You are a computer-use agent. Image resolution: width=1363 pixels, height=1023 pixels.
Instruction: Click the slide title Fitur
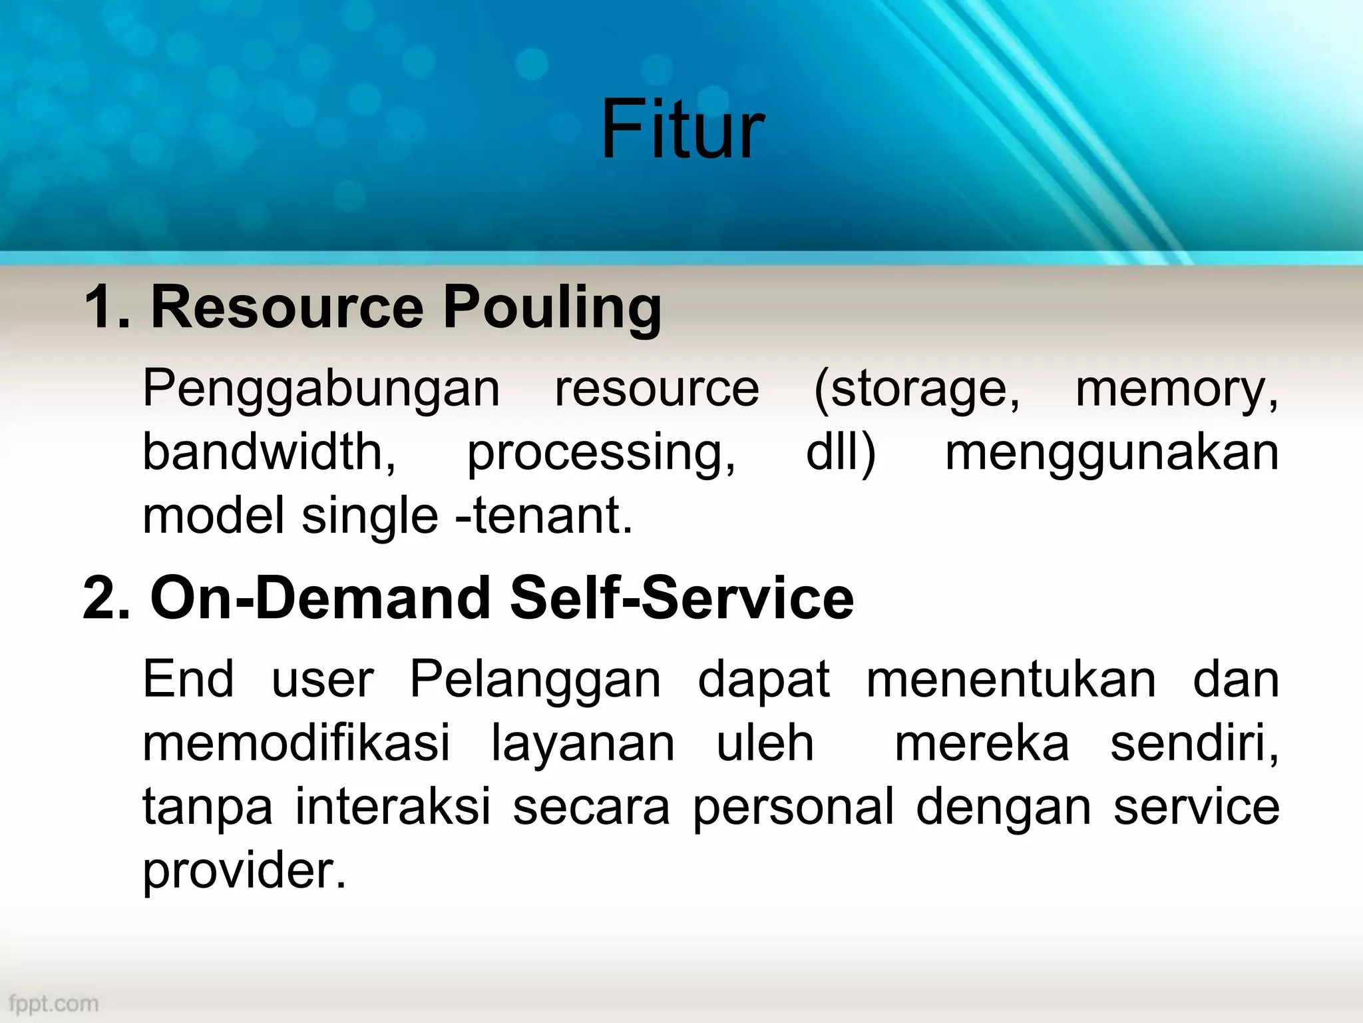(x=681, y=130)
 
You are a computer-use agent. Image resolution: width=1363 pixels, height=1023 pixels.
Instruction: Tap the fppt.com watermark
(x=54, y=1003)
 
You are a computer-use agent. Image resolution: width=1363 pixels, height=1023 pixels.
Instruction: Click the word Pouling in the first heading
(x=552, y=308)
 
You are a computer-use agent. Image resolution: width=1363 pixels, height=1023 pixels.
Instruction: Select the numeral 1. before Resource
(x=107, y=308)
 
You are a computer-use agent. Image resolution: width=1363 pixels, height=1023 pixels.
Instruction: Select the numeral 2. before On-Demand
(x=107, y=598)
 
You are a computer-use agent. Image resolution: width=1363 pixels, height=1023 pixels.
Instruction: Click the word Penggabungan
(x=321, y=389)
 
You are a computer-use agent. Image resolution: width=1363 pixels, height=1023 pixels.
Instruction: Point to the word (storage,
(x=916, y=389)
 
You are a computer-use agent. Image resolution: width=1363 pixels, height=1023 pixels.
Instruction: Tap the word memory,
(x=1177, y=389)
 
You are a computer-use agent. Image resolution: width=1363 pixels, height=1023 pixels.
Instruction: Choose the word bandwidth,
(x=270, y=453)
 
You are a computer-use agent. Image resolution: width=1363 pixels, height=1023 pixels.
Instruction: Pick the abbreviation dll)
(x=841, y=453)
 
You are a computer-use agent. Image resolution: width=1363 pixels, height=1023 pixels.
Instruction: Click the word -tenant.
(x=544, y=516)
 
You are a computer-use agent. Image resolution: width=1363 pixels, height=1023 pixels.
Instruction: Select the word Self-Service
(x=681, y=598)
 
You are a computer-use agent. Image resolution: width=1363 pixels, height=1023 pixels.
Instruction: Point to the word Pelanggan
(x=535, y=681)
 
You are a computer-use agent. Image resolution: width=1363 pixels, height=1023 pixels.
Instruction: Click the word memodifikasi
(x=297, y=743)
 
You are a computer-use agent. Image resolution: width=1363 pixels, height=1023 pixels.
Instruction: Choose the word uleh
(x=765, y=743)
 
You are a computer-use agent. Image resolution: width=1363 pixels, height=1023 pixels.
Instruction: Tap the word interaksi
(x=393, y=807)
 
